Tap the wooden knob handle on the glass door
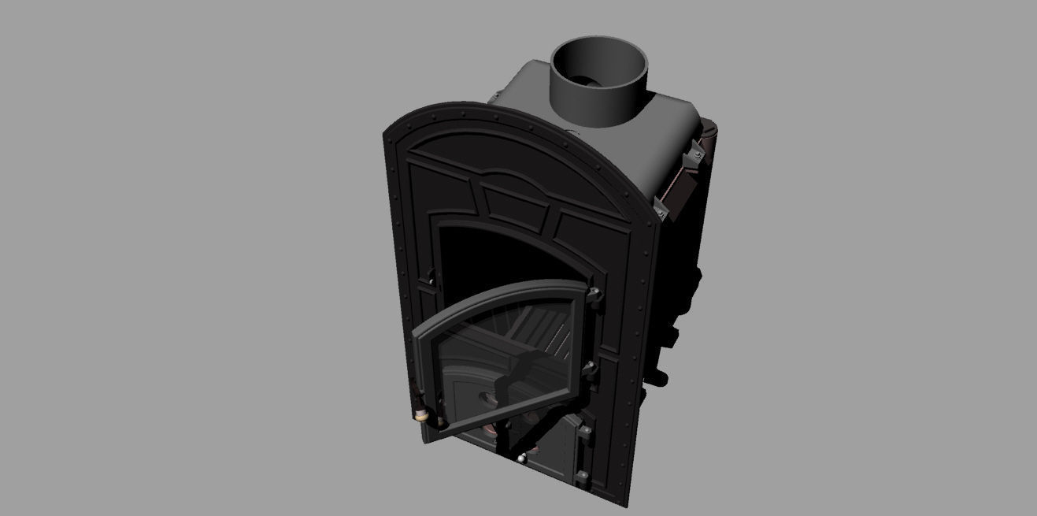click(x=421, y=414)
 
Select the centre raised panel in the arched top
click(x=516, y=202)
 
